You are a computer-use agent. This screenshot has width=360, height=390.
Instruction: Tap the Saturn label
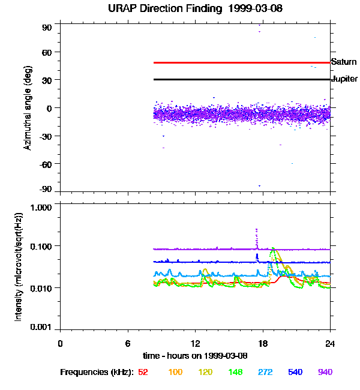point(344,62)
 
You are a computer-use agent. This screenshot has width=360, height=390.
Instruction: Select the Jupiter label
point(344,79)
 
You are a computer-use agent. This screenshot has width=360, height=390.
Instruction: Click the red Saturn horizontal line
point(240,62)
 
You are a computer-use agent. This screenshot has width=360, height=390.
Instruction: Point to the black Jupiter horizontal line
point(240,79)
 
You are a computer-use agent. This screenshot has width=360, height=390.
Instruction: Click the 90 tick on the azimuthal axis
point(47,28)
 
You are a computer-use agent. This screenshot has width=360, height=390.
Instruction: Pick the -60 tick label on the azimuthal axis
point(45,164)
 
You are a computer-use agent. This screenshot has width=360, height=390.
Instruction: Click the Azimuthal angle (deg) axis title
point(28,109)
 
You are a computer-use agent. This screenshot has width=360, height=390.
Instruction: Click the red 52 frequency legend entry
point(143,373)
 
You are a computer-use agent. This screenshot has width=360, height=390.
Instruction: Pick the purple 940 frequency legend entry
point(325,373)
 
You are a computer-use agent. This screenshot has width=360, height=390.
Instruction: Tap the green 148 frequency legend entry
point(235,373)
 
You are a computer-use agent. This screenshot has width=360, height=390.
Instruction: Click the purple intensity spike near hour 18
point(257,237)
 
